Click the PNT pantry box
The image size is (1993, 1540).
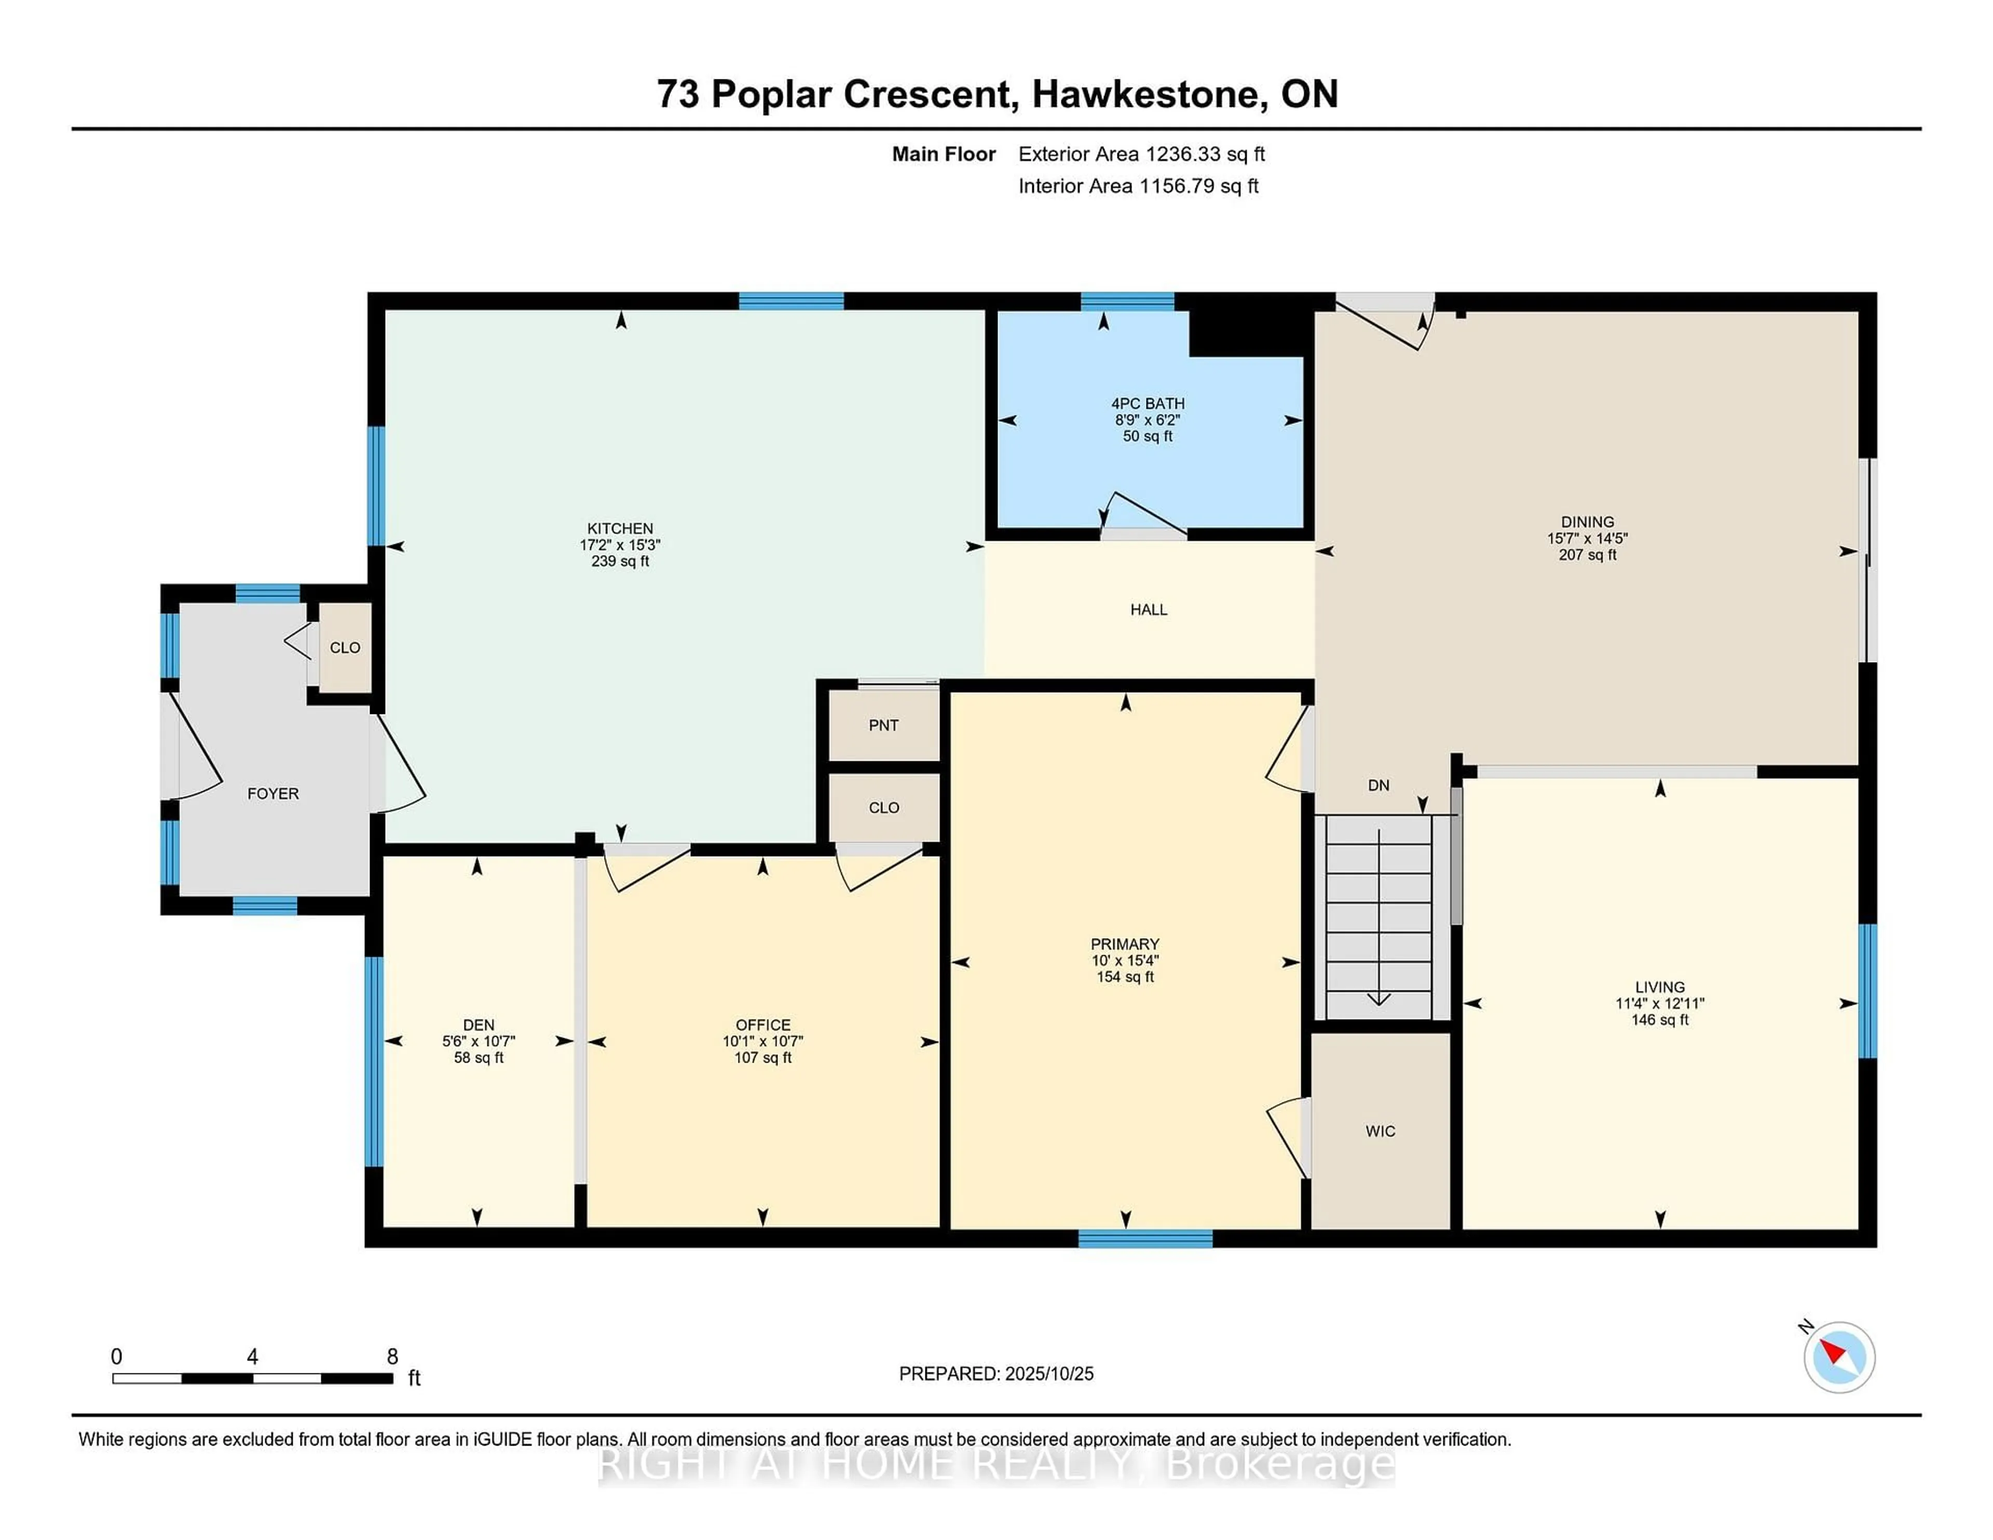883,725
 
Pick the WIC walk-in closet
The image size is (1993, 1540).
1380,1131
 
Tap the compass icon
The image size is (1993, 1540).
1839,1357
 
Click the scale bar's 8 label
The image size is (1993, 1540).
392,1357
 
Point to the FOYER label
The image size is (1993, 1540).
273,794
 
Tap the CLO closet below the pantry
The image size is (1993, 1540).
883,807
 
